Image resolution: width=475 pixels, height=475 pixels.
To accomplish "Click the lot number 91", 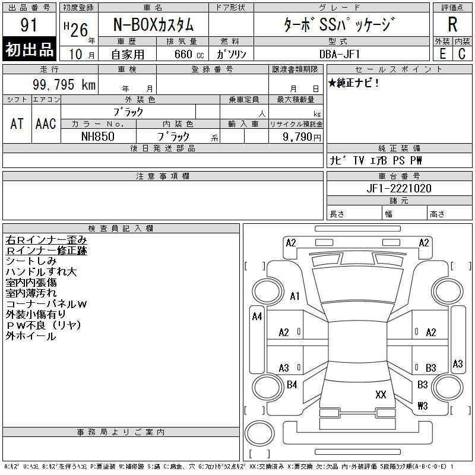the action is [28, 24].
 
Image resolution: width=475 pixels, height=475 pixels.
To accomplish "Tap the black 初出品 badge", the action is [29, 49].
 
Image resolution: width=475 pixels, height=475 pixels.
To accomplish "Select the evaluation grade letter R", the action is [452, 24].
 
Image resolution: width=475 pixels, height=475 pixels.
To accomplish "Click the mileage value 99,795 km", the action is [64, 84].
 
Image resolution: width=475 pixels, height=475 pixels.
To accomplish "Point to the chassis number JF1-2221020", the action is [399, 188].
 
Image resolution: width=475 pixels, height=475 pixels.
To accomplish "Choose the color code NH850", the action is [98, 137].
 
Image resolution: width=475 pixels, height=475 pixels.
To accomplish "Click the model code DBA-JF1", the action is [340, 54].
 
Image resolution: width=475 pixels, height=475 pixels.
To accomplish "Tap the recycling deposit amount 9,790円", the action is [302, 137].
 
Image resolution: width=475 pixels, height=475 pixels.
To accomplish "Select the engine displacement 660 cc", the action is [189, 55].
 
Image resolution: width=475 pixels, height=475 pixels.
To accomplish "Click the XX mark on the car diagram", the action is [381, 394].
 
